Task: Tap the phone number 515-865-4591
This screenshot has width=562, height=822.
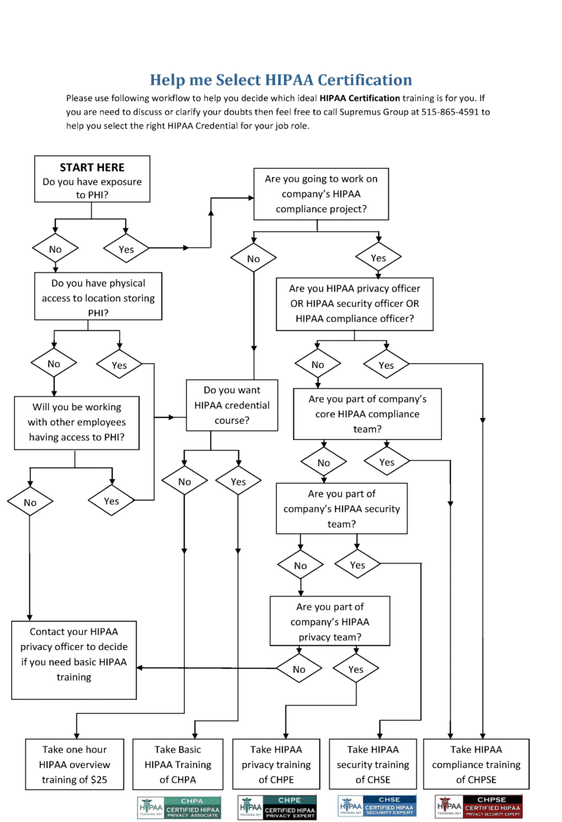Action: coord(455,112)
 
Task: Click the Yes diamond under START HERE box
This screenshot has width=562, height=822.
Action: coord(126,249)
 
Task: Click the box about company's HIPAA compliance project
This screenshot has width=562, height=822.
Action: coord(321,194)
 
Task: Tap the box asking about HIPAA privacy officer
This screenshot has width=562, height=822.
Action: coord(354,304)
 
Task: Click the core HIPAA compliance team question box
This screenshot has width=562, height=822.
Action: coord(367,414)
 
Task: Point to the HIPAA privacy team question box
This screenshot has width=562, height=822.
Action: coord(329,621)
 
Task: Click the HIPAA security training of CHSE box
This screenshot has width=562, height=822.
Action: coord(372,764)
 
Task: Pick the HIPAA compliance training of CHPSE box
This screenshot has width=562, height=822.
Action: coord(476,764)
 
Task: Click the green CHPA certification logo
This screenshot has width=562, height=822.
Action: coord(179,807)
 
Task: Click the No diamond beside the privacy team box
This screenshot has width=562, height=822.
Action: coord(299,669)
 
